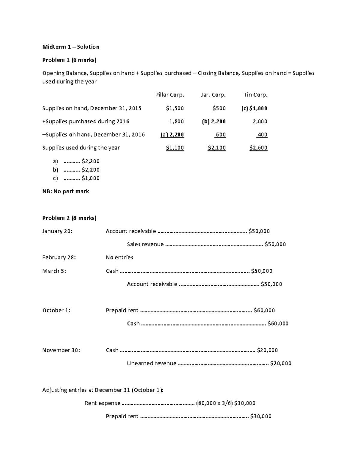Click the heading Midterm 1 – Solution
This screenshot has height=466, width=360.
pyautogui.click(x=71, y=47)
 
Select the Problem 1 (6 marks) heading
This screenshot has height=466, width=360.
pyautogui.click(x=69, y=60)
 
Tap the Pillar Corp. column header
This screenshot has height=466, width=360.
pyautogui.click(x=169, y=95)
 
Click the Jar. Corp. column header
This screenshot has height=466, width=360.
pyautogui.click(x=213, y=95)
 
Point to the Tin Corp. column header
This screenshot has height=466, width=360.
pyautogui.click(x=255, y=95)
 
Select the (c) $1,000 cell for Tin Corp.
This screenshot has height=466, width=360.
pyautogui.click(x=254, y=108)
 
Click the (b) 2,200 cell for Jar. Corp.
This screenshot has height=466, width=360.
pyautogui.click(x=214, y=122)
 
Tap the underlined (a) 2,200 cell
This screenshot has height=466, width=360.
pyautogui.click(x=172, y=135)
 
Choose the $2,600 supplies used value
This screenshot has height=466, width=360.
pyautogui.click(x=258, y=148)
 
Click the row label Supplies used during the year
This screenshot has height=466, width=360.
pyautogui.click(x=81, y=148)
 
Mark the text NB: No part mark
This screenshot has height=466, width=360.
pyautogui.click(x=66, y=191)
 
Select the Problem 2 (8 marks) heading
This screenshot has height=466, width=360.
pyautogui.click(x=69, y=218)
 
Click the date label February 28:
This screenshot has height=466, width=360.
pyautogui.click(x=59, y=257)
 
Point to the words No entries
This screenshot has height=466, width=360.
pyautogui.click(x=119, y=257)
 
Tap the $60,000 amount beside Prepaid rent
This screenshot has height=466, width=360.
pyautogui.click(x=264, y=311)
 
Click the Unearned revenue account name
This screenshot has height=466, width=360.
pyautogui.click(x=151, y=363)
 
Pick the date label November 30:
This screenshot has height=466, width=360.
pyautogui.click(x=61, y=350)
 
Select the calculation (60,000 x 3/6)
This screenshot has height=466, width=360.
pyautogui.click(x=214, y=403)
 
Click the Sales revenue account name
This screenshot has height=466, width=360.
pyautogui.click(x=145, y=244)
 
